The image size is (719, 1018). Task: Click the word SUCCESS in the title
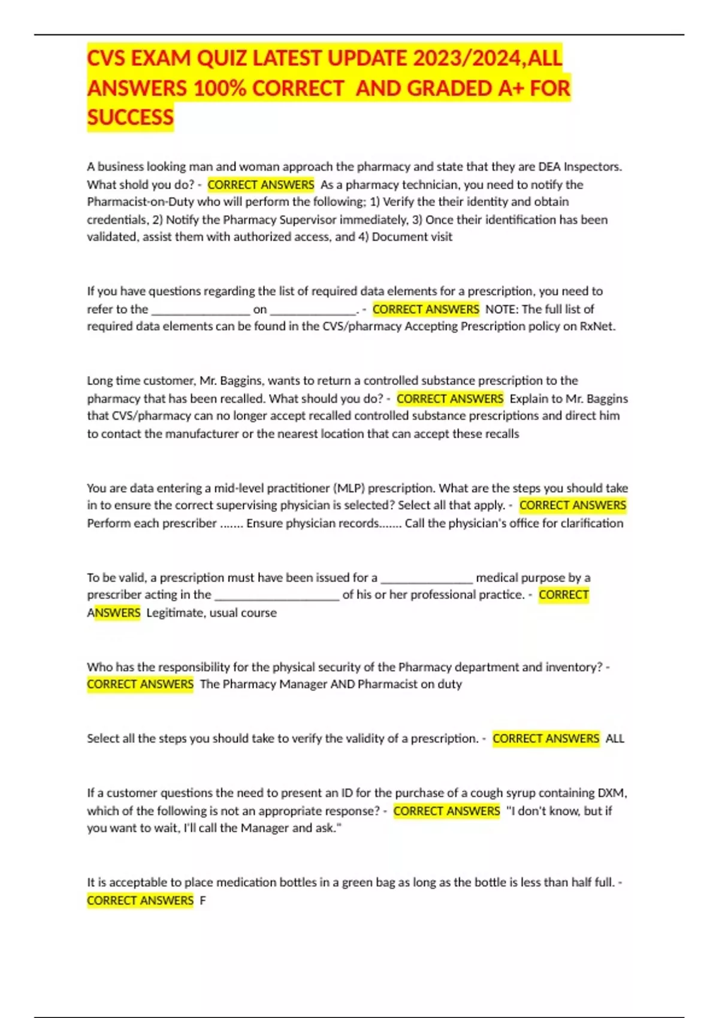(130, 117)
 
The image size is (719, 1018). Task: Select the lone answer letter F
(203, 900)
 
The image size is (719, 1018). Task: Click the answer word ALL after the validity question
(615, 738)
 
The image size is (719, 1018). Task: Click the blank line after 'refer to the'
(200, 310)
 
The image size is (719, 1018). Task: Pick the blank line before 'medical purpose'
(427, 578)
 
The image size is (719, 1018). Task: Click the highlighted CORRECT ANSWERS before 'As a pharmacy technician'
(261, 184)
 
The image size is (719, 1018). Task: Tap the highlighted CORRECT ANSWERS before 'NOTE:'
(425, 309)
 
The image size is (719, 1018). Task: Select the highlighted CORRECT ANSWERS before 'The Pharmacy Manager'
(140, 684)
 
